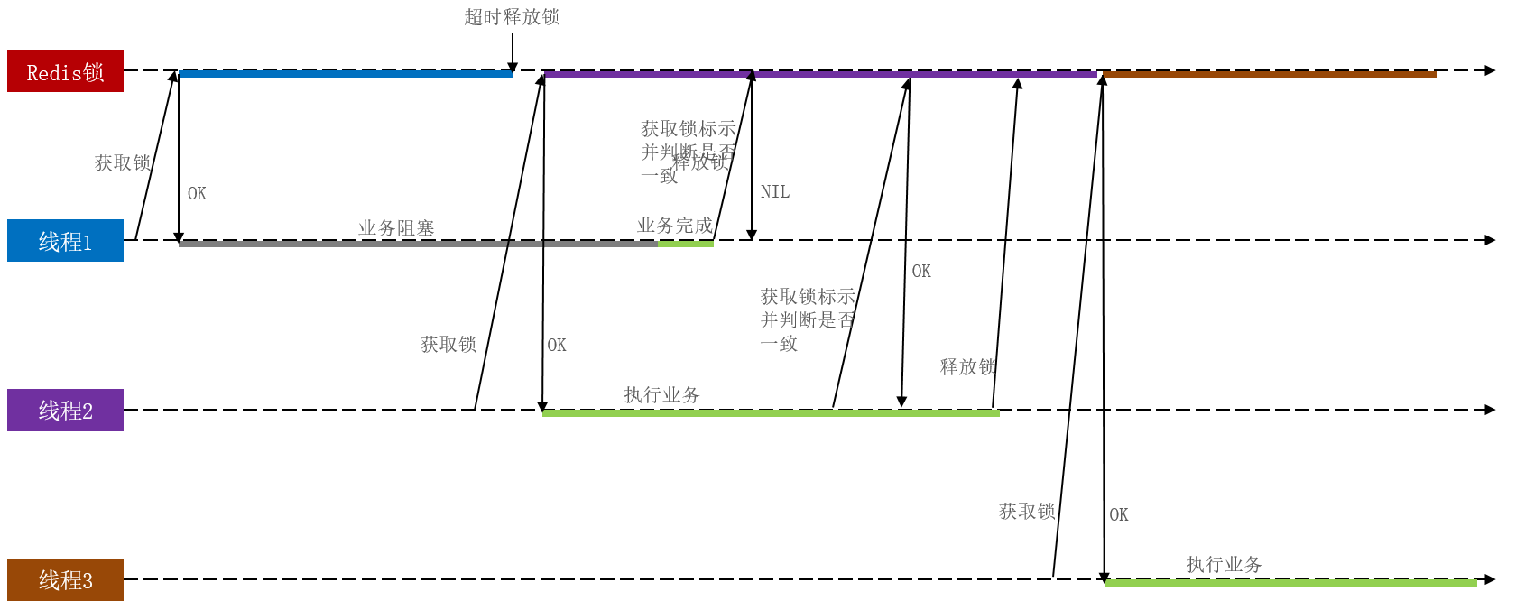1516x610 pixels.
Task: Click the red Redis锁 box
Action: pyautogui.click(x=65, y=71)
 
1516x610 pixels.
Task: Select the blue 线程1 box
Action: pyautogui.click(x=65, y=241)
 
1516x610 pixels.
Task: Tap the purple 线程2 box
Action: pyautogui.click(x=65, y=411)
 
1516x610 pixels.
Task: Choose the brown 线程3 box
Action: pyautogui.click(x=65, y=580)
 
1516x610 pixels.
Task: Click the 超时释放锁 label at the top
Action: pyautogui.click(x=512, y=17)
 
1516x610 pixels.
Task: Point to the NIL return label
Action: pyautogui.click(x=774, y=192)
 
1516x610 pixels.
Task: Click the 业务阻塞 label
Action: pyautogui.click(x=396, y=228)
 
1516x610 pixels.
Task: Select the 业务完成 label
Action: pyautogui.click(x=674, y=226)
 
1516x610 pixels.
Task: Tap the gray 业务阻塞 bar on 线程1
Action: pyautogui.click(x=415, y=244)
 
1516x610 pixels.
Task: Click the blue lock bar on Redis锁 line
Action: pyautogui.click(x=346, y=74)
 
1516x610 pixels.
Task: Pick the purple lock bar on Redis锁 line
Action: pyautogui.click(x=819, y=74)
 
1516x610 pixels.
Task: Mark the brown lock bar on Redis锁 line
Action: pyautogui.click(x=1269, y=74)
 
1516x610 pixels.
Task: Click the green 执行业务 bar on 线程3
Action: pyautogui.click(x=1290, y=584)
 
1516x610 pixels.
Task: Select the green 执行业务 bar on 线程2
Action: pyautogui.click(x=771, y=413)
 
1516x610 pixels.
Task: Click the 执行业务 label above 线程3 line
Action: pyautogui.click(x=1224, y=565)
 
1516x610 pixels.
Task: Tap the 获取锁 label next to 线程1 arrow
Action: pyautogui.click(x=123, y=163)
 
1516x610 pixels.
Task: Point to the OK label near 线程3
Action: pyautogui.click(x=1118, y=515)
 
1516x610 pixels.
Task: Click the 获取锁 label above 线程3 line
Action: pyautogui.click(x=1027, y=512)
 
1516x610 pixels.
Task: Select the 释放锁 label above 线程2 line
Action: pyautogui.click(x=967, y=367)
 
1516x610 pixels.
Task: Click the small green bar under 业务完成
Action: pyautogui.click(x=686, y=244)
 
